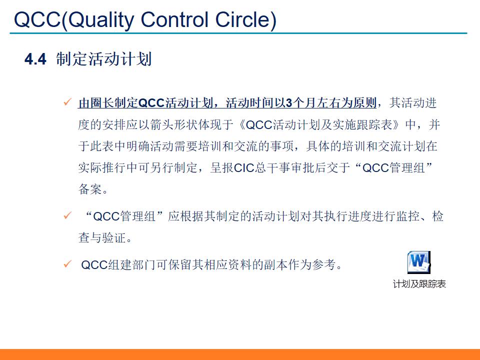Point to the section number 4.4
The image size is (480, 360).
pos(35,59)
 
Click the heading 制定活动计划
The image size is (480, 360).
pos(104,59)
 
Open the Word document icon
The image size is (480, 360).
pos(418,262)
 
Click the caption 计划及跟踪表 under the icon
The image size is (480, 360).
pos(419,284)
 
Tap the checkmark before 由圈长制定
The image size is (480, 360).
pos(67,103)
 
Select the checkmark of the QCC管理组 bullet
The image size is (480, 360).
pos(67,216)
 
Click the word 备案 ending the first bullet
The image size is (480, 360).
pos(89,190)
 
